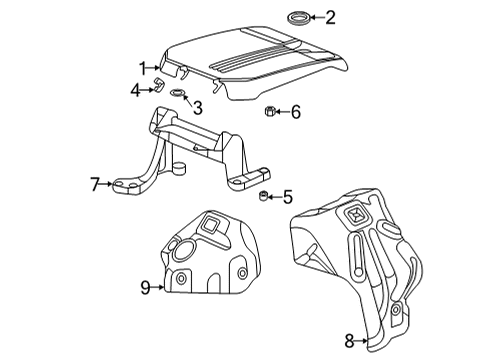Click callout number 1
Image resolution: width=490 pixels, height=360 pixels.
click(143, 68)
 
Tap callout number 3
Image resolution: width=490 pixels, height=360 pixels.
click(199, 106)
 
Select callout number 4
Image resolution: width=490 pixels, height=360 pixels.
click(135, 90)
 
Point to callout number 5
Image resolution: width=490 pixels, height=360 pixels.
click(288, 196)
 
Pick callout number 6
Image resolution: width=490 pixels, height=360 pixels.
click(295, 112)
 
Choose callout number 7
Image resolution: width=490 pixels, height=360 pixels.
click(95, 183)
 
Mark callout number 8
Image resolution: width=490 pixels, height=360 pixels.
click(349, 341)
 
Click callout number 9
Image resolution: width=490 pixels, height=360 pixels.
click(146, 287)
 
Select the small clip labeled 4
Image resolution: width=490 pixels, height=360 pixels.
click(157, 87)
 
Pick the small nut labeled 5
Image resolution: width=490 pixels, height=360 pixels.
click(263, 195)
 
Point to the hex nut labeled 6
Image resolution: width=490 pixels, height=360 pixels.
click(269, 112)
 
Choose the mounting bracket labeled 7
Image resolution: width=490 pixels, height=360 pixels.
click(190, 150)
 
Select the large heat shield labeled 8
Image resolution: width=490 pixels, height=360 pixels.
click(360, 260)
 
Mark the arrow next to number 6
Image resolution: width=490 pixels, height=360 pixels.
click(282, 112)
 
